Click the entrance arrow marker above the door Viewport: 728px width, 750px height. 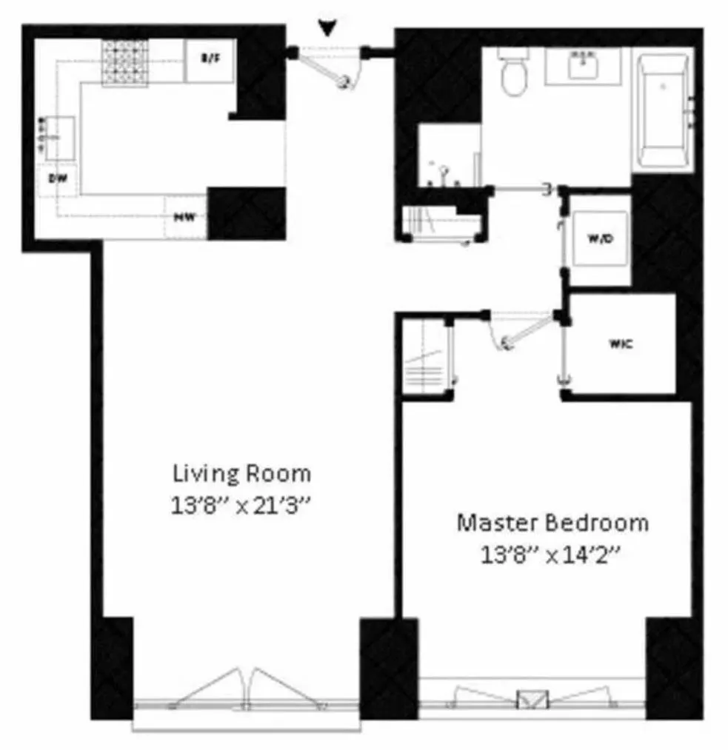coord(327,27)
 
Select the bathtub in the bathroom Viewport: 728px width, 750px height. coord(664,112)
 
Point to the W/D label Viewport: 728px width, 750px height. coord(599,238)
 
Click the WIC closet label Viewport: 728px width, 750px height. coord(620,344)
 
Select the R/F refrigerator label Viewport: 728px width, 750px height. coord(211,58)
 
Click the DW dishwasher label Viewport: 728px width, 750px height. coord(55,178)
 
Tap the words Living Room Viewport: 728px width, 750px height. coord(241,472)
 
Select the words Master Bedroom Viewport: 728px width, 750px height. coord(552,523)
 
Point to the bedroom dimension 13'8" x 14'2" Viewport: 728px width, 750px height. coord(551,555)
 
